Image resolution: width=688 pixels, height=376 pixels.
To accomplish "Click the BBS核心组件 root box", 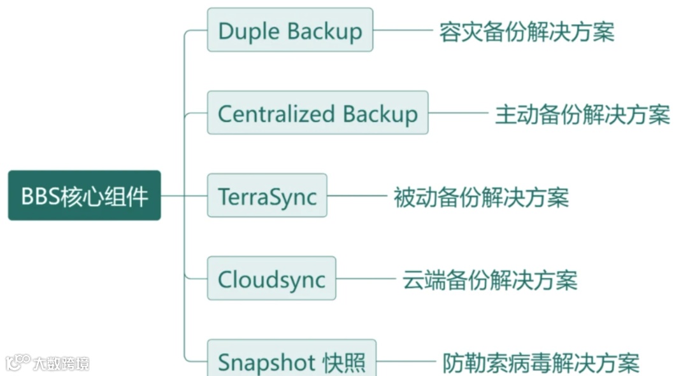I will click(84, 195).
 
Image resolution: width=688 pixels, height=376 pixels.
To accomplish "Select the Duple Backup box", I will click(290, 30).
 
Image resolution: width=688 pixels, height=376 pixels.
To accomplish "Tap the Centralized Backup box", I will click(317, 113).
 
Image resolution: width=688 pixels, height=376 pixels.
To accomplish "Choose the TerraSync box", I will click(267, 195).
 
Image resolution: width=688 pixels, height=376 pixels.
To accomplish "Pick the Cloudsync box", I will click(271, 279).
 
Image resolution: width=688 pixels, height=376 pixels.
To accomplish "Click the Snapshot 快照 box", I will click(292, 360).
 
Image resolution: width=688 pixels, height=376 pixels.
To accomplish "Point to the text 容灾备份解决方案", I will click(527, 31).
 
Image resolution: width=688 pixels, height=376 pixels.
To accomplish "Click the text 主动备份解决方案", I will click(582, 115).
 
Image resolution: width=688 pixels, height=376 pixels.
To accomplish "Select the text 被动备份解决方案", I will click(481, 197).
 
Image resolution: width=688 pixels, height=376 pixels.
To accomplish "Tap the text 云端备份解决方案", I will click(490, 279).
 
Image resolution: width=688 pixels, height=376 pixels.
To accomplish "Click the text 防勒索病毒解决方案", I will click(541, 363).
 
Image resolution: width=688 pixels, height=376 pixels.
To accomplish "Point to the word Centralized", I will click(276, 113).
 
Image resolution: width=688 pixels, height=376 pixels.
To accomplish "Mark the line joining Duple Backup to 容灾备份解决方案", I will click(403, 30).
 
